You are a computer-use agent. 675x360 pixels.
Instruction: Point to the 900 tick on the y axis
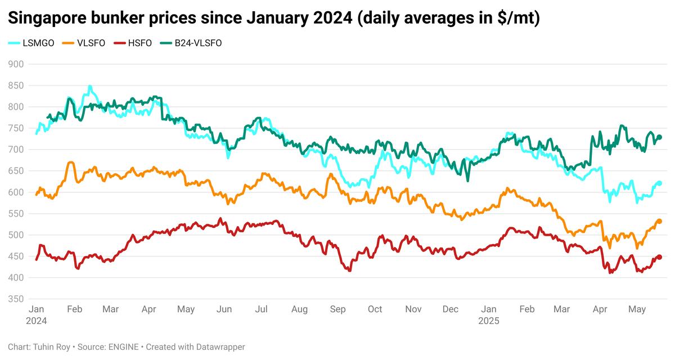coord(17,64)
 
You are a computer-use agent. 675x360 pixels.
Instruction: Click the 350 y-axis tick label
coord(17,299)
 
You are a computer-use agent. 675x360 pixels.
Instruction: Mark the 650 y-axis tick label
coord(17,171)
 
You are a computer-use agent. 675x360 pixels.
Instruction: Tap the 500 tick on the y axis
coord(17,235)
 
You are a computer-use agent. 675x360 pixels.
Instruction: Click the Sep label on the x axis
coord(337,309)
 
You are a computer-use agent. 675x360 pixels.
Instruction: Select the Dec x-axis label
coord(450,309)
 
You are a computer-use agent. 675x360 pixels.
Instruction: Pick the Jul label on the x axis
coord(261,309)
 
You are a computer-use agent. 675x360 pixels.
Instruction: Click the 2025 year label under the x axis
coord(488,321)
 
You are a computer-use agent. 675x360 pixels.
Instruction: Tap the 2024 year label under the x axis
coord(37,321)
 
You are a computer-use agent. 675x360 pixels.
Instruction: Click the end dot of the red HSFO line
coord(659,257)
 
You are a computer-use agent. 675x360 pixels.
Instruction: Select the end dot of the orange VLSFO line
coord(659,222)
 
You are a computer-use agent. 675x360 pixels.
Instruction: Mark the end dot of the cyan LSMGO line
coord(659,183)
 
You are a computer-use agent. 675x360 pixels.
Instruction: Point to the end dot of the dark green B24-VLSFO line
coord(660,137)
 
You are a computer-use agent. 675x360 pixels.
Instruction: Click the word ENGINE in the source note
coord(121,347)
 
